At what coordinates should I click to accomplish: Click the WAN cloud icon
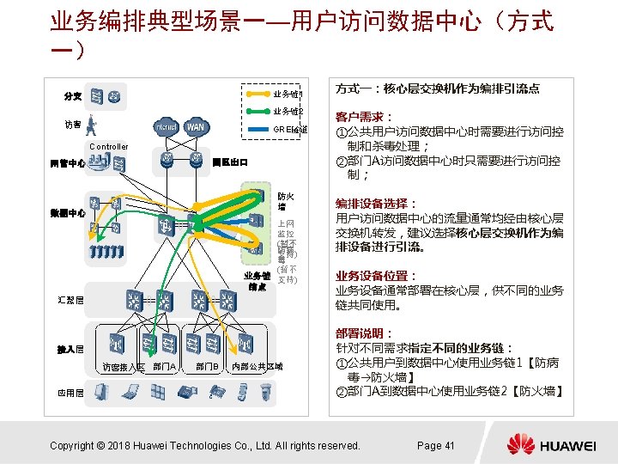(196, 126)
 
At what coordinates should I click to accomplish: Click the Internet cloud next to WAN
(166, 126)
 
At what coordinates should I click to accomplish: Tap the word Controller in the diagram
(108, 146)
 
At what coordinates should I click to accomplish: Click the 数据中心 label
(67, 213)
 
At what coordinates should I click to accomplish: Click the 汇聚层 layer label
(70, 302)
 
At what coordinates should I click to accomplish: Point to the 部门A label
(164, 367)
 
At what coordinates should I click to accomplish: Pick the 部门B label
(206, 367)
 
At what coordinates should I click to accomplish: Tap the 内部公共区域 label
(257, 367)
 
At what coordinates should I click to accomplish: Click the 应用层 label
(70, 393)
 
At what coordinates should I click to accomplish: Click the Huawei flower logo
(520, 444)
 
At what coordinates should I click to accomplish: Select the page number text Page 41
(435, 445)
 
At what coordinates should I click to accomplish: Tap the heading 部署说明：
(364, 333)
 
